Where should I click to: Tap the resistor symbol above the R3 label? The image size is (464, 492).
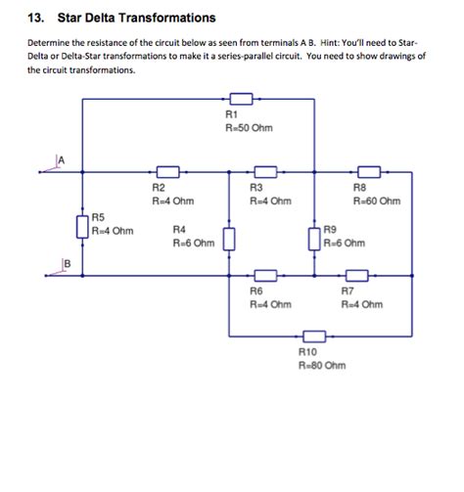[x=266, y=173]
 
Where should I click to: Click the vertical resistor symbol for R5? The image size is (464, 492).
[x=82, y=226]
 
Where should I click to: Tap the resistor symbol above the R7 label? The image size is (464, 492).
[x=355, y=275]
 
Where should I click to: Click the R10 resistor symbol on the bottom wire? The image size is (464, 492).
[x=313, y=333]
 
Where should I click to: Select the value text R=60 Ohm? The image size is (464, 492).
[x=377, y=201]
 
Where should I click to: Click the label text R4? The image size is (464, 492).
[x=179, y=229]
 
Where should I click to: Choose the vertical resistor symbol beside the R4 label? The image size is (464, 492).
[x=229, y=238]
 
